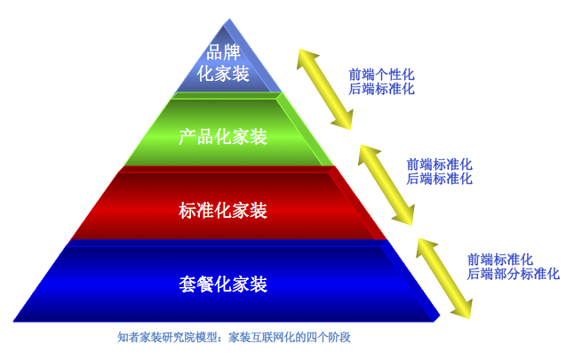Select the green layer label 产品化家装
click(222, 137)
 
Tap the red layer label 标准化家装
click(222, 211)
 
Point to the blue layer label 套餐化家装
click(222, 284)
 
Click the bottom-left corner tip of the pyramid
click(14, 318)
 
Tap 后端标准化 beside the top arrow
click(381, 89)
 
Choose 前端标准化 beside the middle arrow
click(439, 164)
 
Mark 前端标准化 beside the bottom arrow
click(500, 260)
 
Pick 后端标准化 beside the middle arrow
click(439, 178)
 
